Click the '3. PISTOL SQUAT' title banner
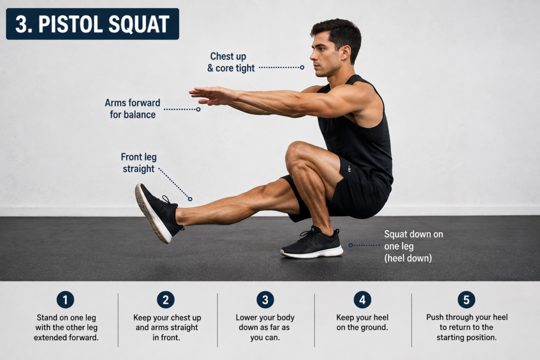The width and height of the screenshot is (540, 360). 92,24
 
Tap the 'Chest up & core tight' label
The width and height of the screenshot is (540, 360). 231,62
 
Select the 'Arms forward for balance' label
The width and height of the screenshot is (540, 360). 132,109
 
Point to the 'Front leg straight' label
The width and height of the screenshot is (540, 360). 139,163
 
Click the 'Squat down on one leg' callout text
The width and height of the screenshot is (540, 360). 413,240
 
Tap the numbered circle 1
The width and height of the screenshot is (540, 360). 65,299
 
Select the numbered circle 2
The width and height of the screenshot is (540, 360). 166,299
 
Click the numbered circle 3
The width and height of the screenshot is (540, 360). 265,299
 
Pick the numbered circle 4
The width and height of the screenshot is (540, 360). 362,299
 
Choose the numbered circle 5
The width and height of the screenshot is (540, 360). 466,299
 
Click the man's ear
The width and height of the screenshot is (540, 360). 345,53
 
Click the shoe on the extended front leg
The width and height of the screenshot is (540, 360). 158,213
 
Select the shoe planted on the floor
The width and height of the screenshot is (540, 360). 312,244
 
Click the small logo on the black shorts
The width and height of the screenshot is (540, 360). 349,168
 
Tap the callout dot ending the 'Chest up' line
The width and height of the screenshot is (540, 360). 302,67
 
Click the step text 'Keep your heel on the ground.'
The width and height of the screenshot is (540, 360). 362,322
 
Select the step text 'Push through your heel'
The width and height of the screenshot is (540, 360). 467,317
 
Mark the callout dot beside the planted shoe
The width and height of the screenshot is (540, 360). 351,246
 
